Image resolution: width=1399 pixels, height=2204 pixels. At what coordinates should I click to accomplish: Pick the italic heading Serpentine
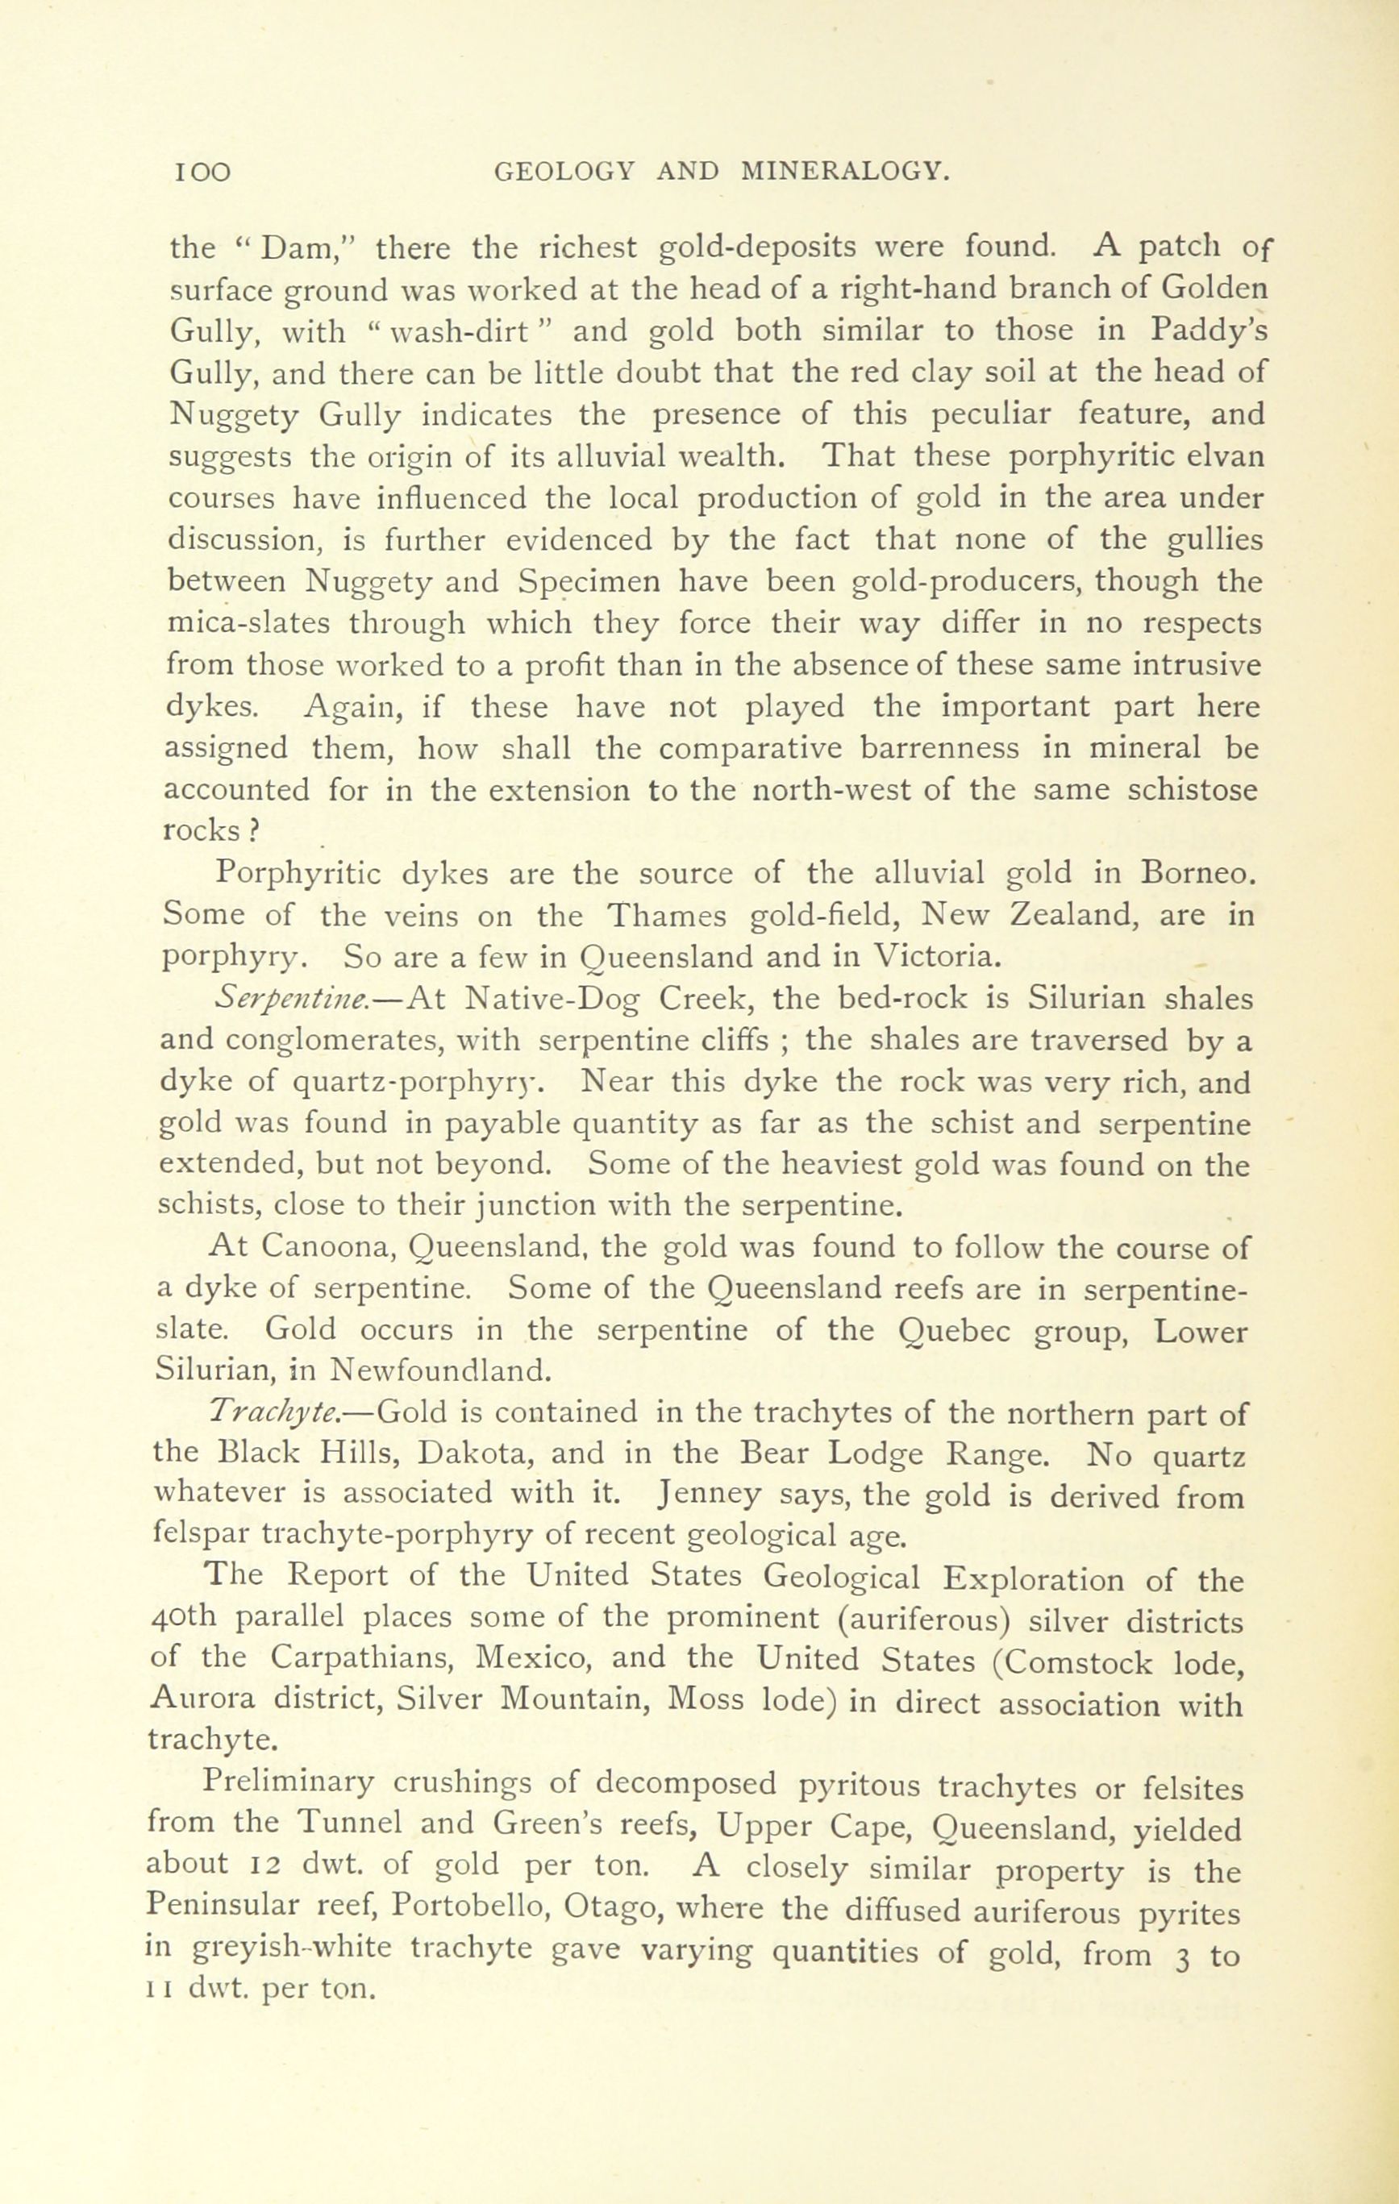tap(290, 1000)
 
